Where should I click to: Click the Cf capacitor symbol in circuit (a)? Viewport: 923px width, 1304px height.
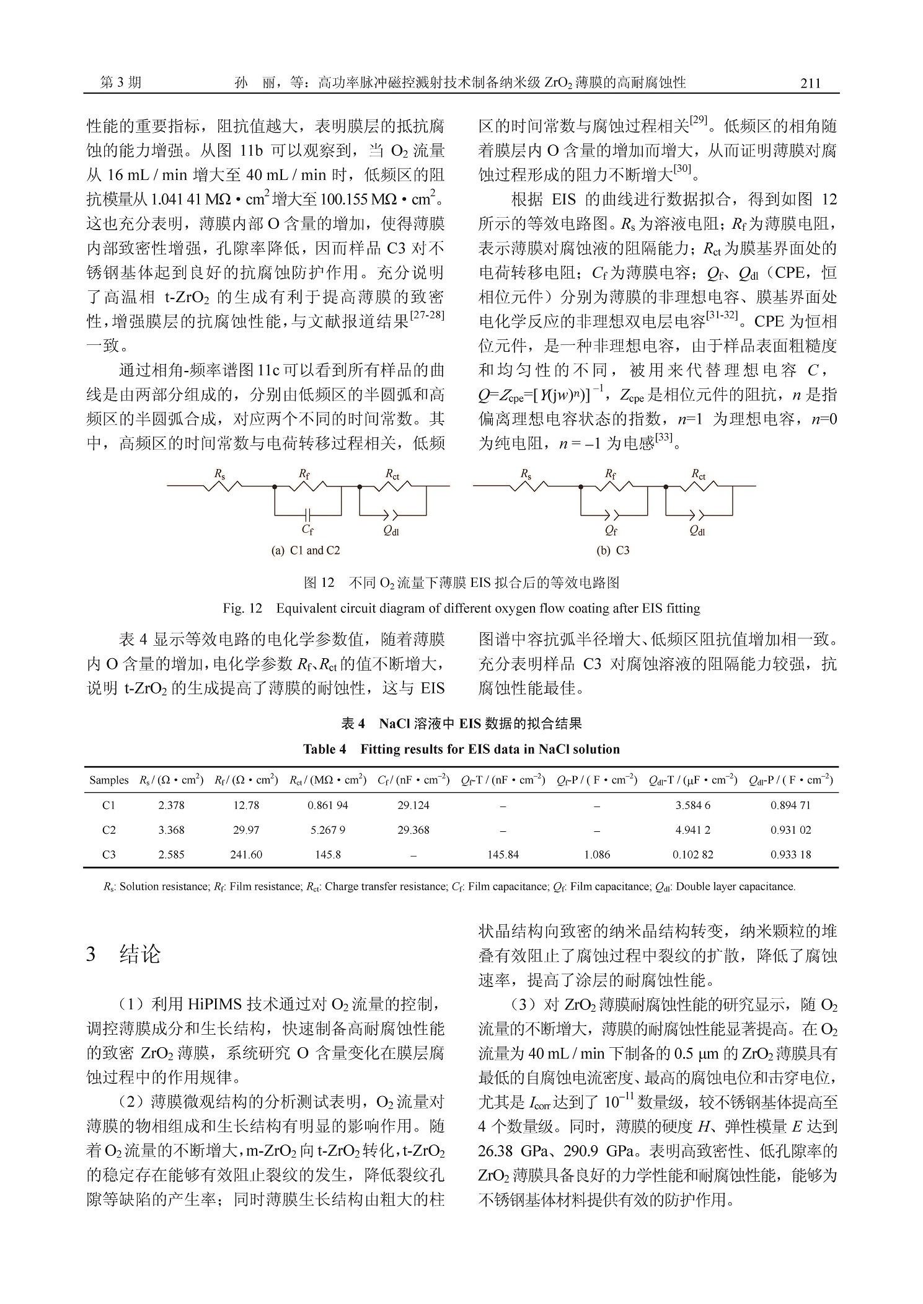307,514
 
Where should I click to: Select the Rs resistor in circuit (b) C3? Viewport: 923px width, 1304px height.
527,486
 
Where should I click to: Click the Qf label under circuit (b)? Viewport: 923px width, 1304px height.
611,530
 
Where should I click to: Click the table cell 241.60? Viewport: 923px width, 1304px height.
246,854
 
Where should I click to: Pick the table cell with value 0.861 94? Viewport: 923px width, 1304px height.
328,805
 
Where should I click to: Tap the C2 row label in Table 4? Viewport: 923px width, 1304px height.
108,830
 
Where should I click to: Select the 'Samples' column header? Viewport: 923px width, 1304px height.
108,780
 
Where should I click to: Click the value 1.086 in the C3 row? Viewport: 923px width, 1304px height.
597,854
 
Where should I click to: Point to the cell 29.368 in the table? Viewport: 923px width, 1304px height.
413,830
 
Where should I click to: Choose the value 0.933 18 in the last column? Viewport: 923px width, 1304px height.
790,854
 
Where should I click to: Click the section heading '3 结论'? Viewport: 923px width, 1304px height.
123,954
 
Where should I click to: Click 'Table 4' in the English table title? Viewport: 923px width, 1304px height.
324,749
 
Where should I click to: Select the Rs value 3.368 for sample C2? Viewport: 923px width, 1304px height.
171,830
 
